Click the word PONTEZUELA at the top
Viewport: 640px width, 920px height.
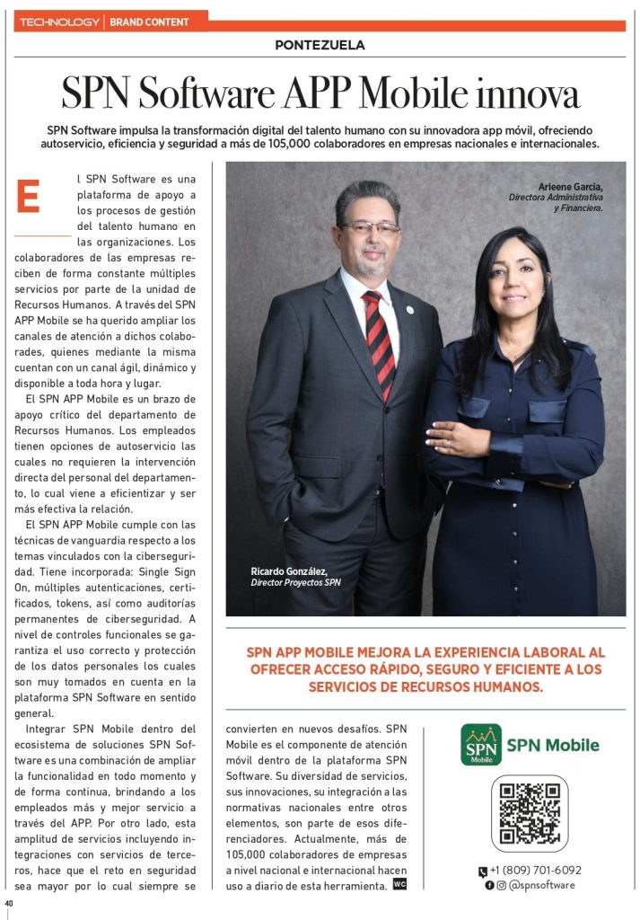pyautogui.click(x=320, y=45)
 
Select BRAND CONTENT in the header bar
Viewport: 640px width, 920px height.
pyautogui.click(x=149, y=21)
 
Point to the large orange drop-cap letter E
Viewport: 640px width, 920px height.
pyautogui.click(x=29, y=198)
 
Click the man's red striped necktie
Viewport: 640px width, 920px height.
pyautogui.click(x=380, y=341)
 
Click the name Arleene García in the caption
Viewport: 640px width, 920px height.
pyautogui.click(x=570, y=186)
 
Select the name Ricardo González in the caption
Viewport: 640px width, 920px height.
pyautogui.click(x=286, y=571)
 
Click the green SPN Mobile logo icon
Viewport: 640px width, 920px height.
pyautogui.click(x=481, y=744)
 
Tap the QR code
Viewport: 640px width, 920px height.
pyautogui.click(x=529, y=813)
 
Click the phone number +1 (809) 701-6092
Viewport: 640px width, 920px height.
pyautogui.click(x=535, y=870)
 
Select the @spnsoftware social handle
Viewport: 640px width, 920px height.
pyautogui.click(x=542, y=884)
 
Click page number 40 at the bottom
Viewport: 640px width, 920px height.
pyautogui.click(x=9, y=902)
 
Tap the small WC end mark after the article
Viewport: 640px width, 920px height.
pyautogui.click(x=399, y=884)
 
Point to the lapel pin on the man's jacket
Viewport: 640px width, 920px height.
pyautogui.click(x=409, y=310)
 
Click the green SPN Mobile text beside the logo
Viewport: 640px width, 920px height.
pyautogui.click(x=553, y=744)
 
